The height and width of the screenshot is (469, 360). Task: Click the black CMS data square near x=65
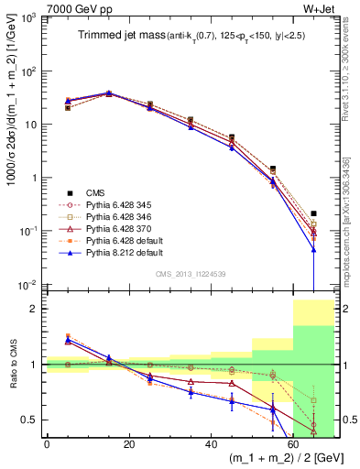click(x=313, y=213)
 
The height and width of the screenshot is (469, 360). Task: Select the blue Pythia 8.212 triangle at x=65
click(x=313, y=248)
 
